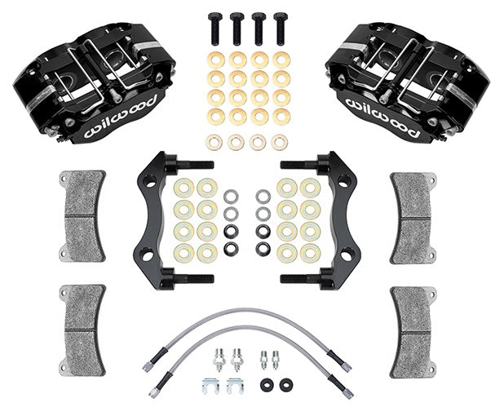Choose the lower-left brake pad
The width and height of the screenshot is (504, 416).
click(83, 328)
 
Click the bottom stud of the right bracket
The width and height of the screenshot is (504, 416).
click(301, 279)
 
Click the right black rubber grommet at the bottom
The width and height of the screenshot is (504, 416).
click(285, 383)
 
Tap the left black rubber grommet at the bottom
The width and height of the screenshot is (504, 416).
click(266, 383)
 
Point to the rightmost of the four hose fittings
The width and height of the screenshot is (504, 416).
click(276, 358)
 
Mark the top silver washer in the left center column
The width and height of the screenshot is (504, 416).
click(231, 197)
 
